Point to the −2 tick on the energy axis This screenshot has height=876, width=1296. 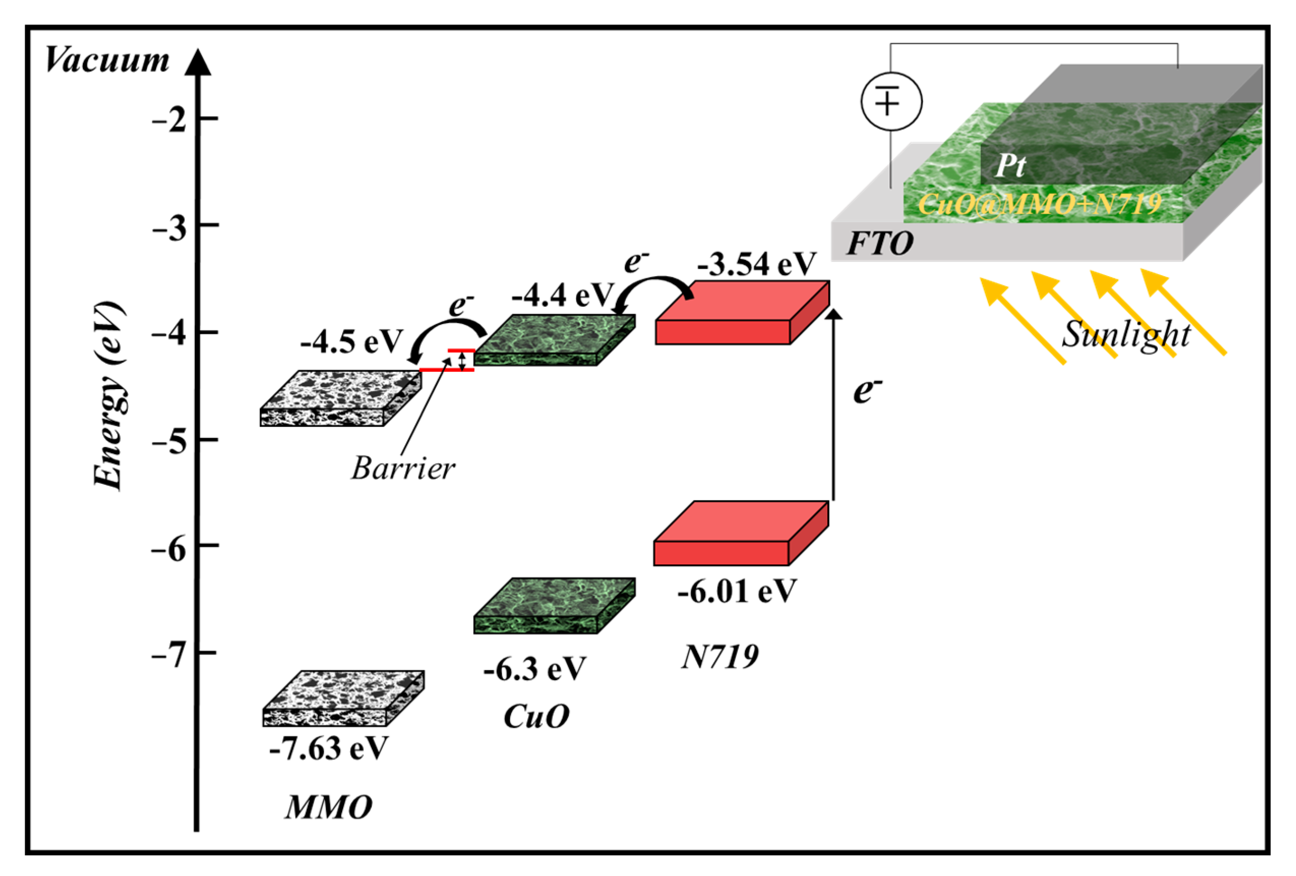tap(170, 120)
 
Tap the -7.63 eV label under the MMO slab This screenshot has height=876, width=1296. tap(328, 748)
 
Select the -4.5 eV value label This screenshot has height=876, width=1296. tap(351, 341)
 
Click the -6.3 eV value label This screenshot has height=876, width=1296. tap(535, 668)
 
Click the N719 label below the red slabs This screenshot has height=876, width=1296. tap(720, 657)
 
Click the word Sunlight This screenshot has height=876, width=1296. tap(1126, 335)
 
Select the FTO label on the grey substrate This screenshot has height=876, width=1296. tap(880, 244)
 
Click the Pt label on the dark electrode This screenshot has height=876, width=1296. tap(1010, 166)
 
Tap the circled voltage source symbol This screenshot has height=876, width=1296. tap(891, 102)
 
